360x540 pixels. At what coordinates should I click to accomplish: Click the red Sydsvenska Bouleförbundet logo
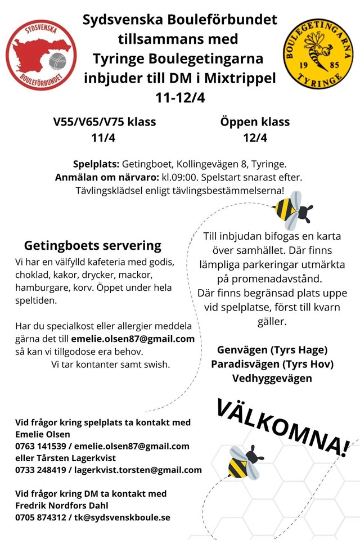[41, 55]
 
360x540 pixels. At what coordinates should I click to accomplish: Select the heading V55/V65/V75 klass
[105, 122]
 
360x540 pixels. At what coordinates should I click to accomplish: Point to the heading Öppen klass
[255, 122]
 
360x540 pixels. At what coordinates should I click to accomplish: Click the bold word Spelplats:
[96, 164]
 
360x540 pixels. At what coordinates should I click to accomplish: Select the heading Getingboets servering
[92, 246]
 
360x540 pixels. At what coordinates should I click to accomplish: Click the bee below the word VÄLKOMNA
[245, 462]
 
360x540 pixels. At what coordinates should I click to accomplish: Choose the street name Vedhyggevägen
[272, 379]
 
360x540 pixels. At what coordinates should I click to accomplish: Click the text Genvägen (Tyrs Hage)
[272, 350]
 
